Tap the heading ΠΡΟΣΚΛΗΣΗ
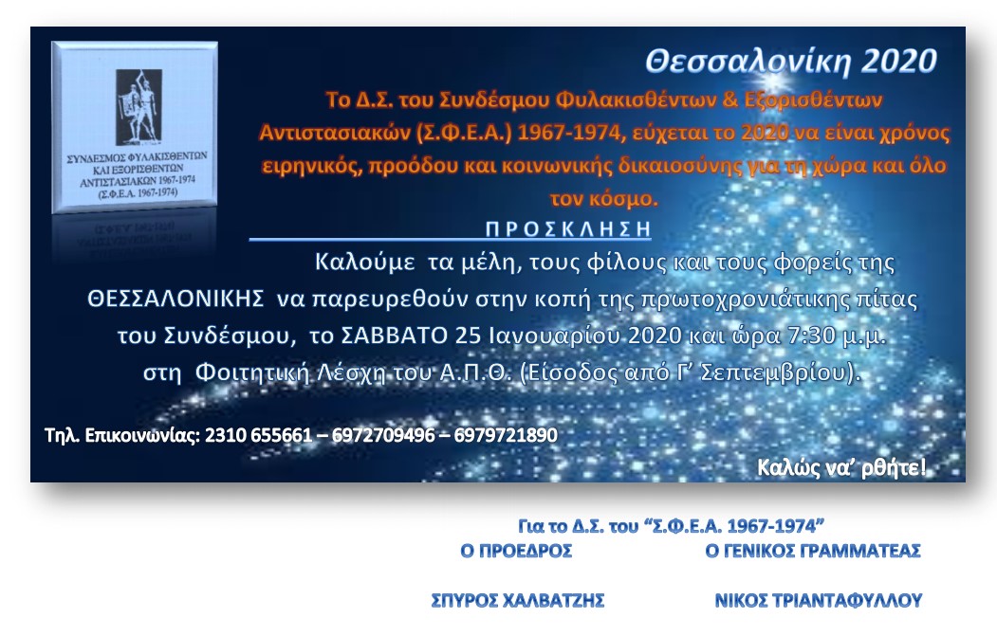click(568, 228)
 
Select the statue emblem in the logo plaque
click(138, 107)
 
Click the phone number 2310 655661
click(258, 435)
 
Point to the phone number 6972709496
click(383, 435)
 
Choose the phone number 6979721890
click(506, 435)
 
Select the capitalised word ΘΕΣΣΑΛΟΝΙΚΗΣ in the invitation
click(175, 298)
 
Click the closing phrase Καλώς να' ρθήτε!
click(841, 468)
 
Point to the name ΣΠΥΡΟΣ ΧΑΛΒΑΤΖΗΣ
click(518, 600)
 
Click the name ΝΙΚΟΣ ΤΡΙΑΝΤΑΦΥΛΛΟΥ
click(819, 600)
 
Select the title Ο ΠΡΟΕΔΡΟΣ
click(516, 551)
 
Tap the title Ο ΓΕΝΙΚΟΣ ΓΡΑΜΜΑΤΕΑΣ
click(813, 551)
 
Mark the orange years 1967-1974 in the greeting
click(568, 132)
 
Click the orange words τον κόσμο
click(603, 199)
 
